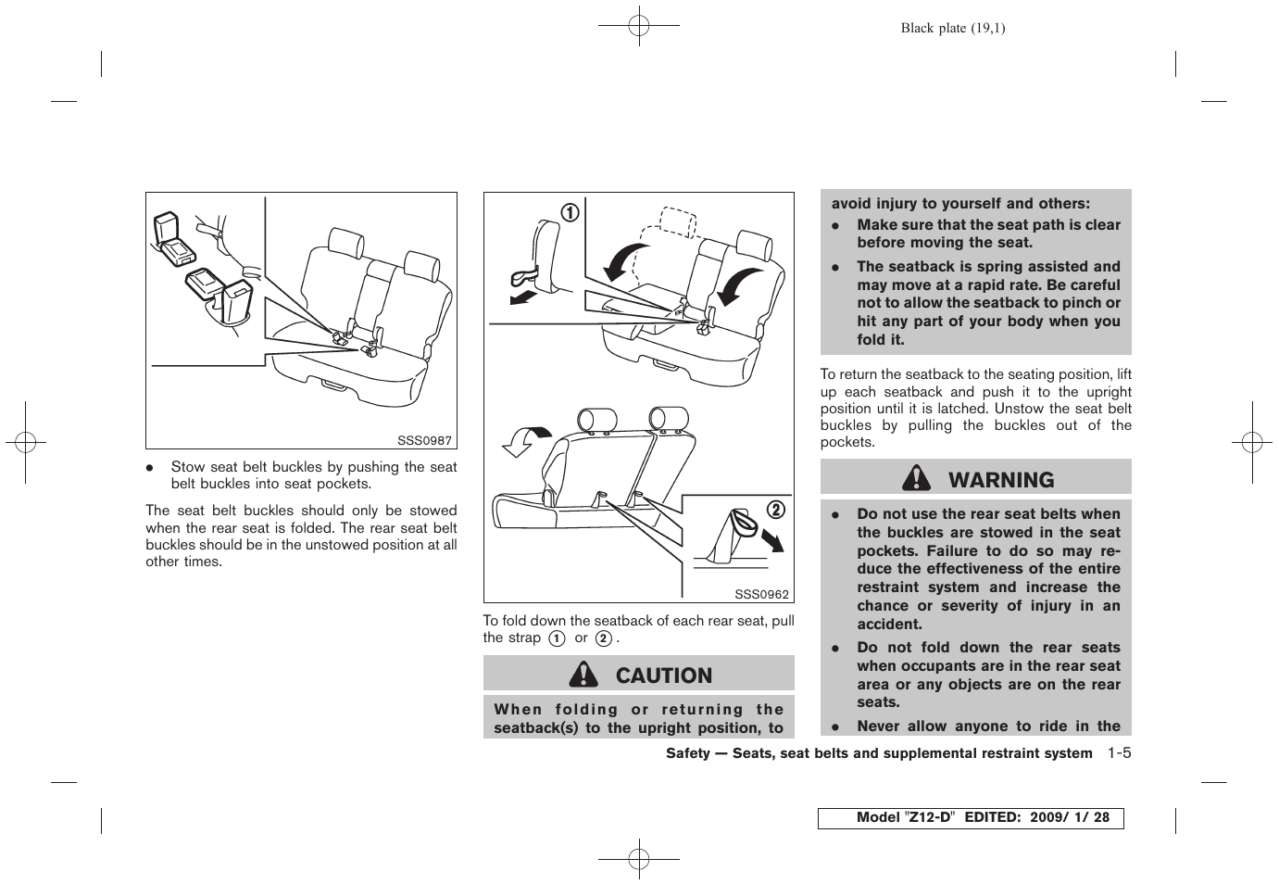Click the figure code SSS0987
coord(424,440)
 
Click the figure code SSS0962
coord(761,594)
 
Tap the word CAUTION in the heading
coord(663,676)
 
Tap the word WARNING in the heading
coord(1000,480)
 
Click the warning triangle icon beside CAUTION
coord(583,675)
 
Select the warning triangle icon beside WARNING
coord(917,478)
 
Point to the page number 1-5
coord(1118,752)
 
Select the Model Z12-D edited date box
coord(970,817)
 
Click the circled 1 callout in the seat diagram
coord(568,212)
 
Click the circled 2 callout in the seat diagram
coord(775,509)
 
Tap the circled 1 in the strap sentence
coord(557,638)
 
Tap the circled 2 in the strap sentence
coord(603,638)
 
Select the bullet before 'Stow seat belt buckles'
coord(148,468)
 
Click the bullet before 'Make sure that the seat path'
coord(834,225)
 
